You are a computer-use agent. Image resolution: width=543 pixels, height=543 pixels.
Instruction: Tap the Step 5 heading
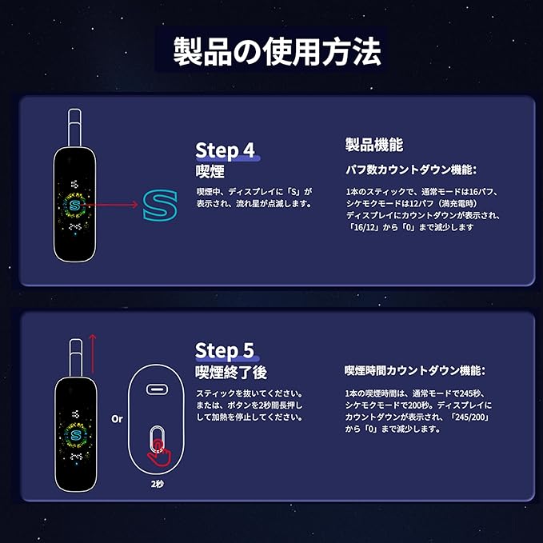point(226,350)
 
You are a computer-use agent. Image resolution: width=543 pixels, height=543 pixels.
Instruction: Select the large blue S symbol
point(159,206)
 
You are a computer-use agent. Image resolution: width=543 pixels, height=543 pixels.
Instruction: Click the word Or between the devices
point(117,419)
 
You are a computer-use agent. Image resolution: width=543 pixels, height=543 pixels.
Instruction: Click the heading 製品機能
point(374,145)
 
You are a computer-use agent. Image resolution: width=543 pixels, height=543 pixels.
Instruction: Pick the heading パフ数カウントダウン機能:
point(410,170)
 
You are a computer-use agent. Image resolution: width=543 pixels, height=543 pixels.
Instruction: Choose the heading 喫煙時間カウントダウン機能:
point(414,371)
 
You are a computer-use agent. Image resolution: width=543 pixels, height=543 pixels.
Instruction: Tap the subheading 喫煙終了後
point(231,373)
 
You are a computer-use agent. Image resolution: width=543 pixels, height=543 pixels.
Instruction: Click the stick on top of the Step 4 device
point(74,128)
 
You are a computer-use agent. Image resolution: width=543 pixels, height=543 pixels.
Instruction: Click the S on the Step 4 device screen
point(75,206)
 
